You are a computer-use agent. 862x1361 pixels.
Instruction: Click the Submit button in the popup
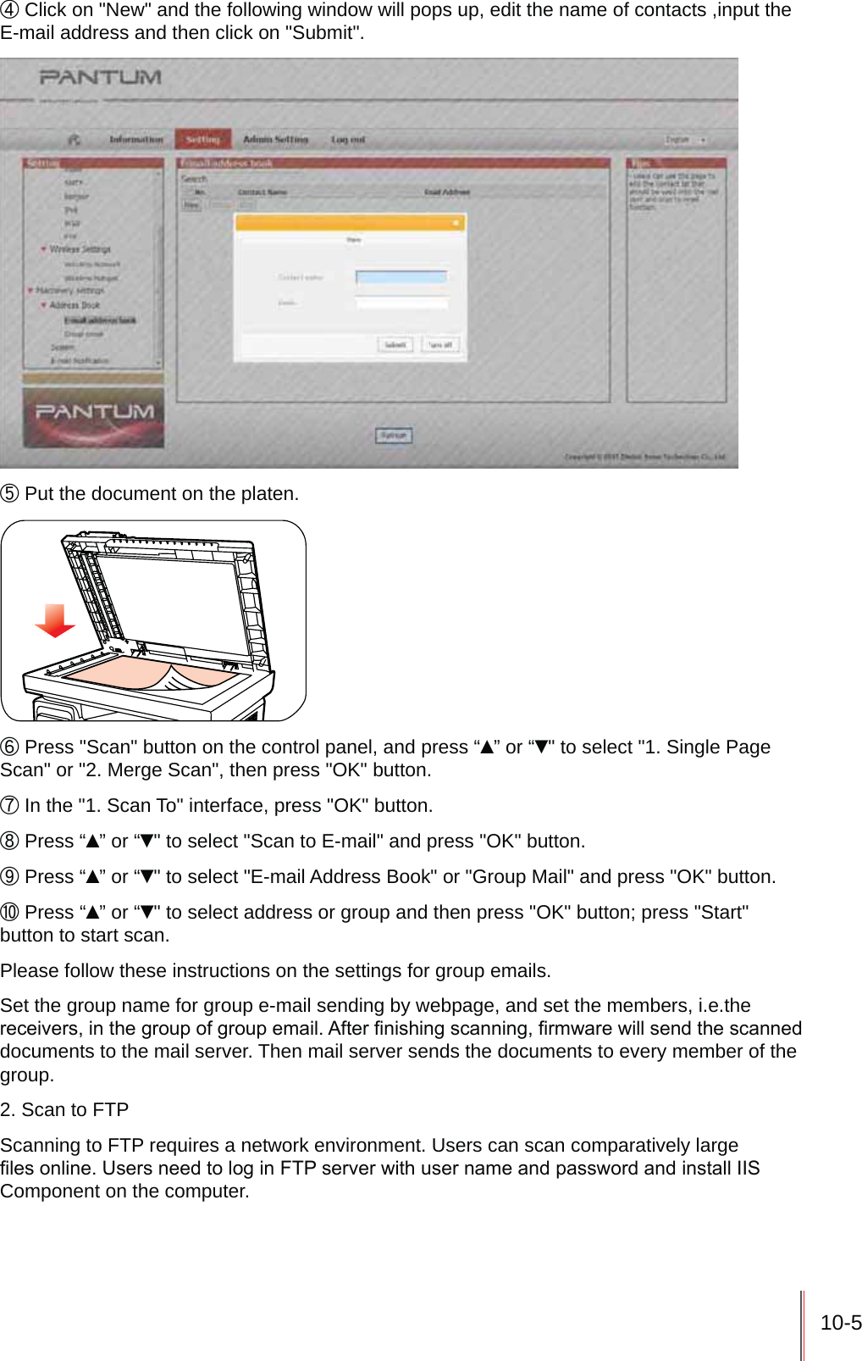click(x=395, y=345)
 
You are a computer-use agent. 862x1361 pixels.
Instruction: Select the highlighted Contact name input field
click(x=401, y=277)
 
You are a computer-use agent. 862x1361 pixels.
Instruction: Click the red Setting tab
click(x=202, y=139)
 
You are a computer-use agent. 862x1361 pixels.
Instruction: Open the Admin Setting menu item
click(x=275, y=139)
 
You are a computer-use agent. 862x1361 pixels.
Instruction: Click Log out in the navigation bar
click(x=348, y=139)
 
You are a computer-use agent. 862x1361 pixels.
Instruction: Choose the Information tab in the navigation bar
click(x=136, y=139)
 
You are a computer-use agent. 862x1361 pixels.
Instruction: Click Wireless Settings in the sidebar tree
click(x=80, y=249)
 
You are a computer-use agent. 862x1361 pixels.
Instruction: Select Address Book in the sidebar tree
click(x=75, y=305)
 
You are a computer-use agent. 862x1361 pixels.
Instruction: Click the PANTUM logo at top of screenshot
click(x=100, y=77)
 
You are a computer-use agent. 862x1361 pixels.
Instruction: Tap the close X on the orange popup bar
click(x=456, y=223)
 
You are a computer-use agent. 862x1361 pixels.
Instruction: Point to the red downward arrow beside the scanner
click(x=55, y=621)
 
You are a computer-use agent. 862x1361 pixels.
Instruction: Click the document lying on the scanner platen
click(x=152, y=674)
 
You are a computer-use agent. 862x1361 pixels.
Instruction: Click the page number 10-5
click(x=840, y=1323)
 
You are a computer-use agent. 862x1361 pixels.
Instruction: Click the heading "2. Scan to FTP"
click(x=64, y=1110)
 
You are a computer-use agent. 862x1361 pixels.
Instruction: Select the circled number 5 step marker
click(x=9, y=494)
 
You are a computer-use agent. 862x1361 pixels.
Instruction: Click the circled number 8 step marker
click(x=9, y=842)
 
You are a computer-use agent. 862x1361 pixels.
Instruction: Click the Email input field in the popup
click(x=401, y=303)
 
